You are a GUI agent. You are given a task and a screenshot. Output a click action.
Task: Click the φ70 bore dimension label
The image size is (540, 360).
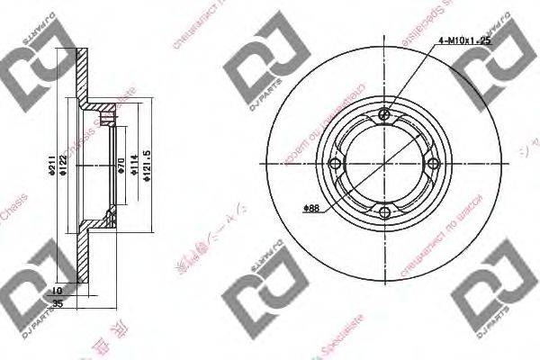point(121,164)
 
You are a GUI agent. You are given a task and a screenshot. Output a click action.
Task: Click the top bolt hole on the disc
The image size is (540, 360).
point(385,114)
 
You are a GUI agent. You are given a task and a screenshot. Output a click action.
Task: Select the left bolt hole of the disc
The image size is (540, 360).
point(336,164)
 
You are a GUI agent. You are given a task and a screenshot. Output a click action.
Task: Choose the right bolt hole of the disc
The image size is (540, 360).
point(435,164)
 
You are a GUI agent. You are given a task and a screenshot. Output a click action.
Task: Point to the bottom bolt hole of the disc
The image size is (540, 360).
point(385,213)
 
